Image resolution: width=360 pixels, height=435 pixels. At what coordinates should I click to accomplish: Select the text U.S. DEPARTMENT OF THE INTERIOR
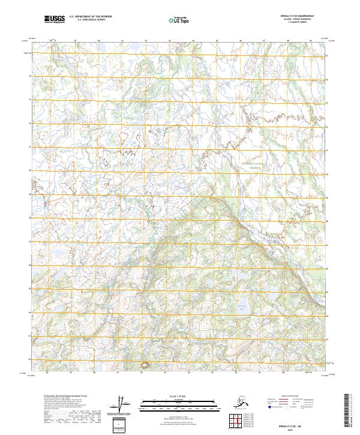[91, 17]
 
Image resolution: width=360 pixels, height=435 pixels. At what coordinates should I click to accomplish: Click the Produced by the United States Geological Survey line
[63, 397]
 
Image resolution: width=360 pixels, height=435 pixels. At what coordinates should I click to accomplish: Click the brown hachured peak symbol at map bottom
[144, 365]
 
